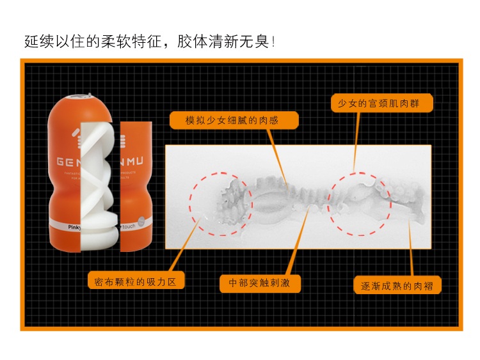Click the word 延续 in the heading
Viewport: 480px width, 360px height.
(38, 42)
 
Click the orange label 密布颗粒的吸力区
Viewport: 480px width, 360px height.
(136, 281)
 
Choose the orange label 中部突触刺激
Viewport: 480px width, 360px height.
(260, 282)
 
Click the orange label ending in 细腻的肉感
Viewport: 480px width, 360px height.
(234, 120)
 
